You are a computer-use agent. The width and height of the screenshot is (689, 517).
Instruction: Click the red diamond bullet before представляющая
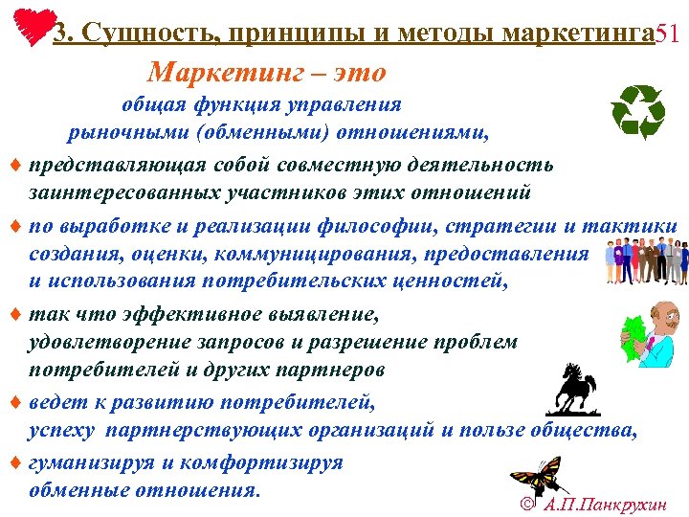[10, 166]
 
